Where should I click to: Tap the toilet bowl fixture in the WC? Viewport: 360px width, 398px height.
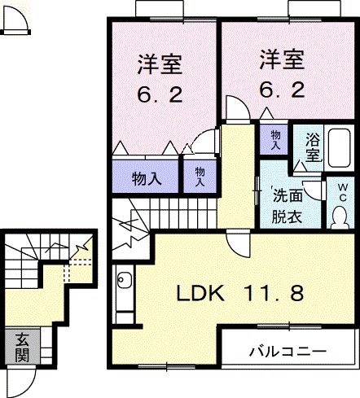[339, 216]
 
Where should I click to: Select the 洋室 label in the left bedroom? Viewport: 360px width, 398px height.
[159, 63]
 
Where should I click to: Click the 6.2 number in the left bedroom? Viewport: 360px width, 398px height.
[159, 93]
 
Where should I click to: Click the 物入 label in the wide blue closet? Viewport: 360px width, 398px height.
[147, 178]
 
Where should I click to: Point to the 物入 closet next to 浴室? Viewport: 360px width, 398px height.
[275, 139]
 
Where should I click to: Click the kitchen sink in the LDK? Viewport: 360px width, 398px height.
[124, 282]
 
